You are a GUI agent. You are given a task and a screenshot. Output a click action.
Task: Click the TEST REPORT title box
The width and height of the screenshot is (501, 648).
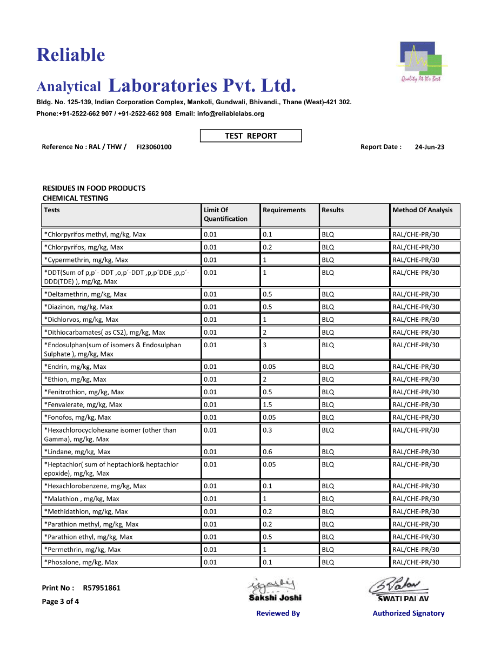pos(251,136)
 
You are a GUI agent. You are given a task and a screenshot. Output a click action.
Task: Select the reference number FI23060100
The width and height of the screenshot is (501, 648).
pos(154,147)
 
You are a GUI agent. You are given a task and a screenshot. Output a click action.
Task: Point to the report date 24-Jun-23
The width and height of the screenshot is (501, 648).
pos(430,147)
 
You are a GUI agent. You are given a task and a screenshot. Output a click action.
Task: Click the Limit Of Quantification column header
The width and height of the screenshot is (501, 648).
pos(225,214)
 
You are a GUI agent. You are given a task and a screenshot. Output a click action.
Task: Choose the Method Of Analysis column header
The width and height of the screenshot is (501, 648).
pos(422,210)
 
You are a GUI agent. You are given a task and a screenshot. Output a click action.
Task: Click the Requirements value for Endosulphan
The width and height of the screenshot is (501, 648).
pos(264,345)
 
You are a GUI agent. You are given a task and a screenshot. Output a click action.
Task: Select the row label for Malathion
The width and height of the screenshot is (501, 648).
pos(82,499)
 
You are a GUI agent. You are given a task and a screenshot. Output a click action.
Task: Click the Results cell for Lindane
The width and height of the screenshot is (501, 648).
pos(328,452)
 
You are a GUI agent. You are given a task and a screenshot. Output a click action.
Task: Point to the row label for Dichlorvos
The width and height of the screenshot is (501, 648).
pos(82,320)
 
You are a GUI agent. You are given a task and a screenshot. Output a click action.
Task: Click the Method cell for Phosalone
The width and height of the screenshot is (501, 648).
pos(416,562)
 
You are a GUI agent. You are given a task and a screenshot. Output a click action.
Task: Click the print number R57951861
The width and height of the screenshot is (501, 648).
pos(102,588)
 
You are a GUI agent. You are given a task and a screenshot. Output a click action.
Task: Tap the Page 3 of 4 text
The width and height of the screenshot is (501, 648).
pos(61,602)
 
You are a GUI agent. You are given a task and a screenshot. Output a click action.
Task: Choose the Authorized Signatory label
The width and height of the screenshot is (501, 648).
pos(408,613)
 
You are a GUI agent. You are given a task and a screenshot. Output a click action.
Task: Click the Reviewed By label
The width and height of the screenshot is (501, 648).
pos(278,613)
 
